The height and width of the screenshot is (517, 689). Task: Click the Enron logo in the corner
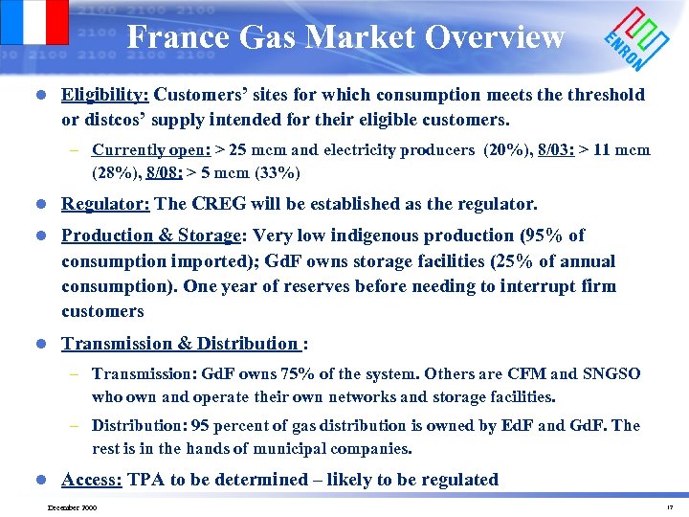click(635, 40)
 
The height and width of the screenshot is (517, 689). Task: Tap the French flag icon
click(34, 22)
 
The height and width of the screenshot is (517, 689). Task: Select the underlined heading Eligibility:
click(105, 95)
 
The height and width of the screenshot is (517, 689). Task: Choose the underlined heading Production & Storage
click(150, 236)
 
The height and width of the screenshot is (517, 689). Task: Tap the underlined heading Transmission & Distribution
click(180, 344)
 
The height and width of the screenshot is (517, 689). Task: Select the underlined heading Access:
click(92, 480)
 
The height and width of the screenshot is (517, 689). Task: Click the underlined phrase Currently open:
click(151, 150)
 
